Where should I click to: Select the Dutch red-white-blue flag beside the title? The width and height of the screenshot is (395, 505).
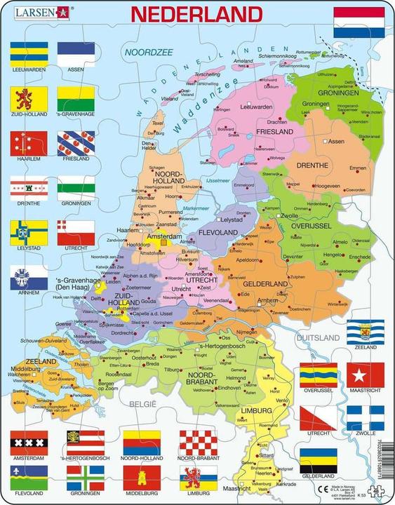358,22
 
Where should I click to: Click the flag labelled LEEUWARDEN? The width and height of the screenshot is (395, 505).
28,53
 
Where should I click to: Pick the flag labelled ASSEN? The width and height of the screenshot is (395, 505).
76,53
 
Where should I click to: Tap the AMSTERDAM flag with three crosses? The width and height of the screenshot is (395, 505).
28,443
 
